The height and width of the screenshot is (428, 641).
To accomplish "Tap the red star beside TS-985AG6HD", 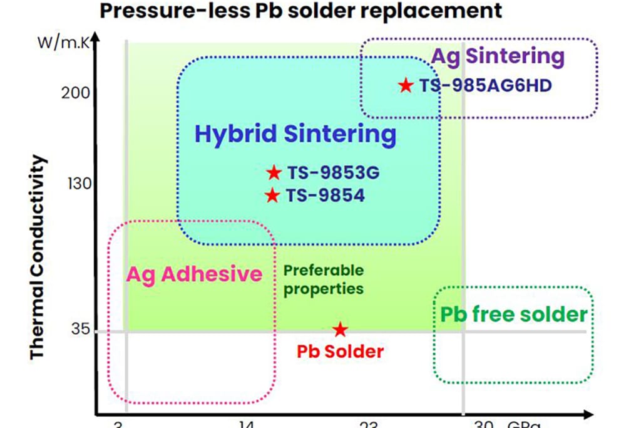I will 406,85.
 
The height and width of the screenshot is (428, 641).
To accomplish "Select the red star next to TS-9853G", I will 274,172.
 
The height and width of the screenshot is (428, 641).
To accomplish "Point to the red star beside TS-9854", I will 272,196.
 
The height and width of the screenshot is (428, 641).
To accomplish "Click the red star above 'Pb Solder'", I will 339,329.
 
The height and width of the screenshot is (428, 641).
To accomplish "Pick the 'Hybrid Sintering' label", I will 295,135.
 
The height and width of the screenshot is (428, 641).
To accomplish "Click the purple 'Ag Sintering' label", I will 498,56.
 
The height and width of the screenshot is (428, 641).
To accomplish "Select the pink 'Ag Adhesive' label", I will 194,274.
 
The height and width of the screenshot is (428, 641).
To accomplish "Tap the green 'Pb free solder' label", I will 514,314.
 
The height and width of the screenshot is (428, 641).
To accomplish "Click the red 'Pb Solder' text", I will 339,351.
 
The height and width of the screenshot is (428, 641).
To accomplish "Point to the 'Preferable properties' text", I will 323,279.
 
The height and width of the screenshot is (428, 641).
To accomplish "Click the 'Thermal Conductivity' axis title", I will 39,258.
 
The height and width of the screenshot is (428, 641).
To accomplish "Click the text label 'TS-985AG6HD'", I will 485,85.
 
